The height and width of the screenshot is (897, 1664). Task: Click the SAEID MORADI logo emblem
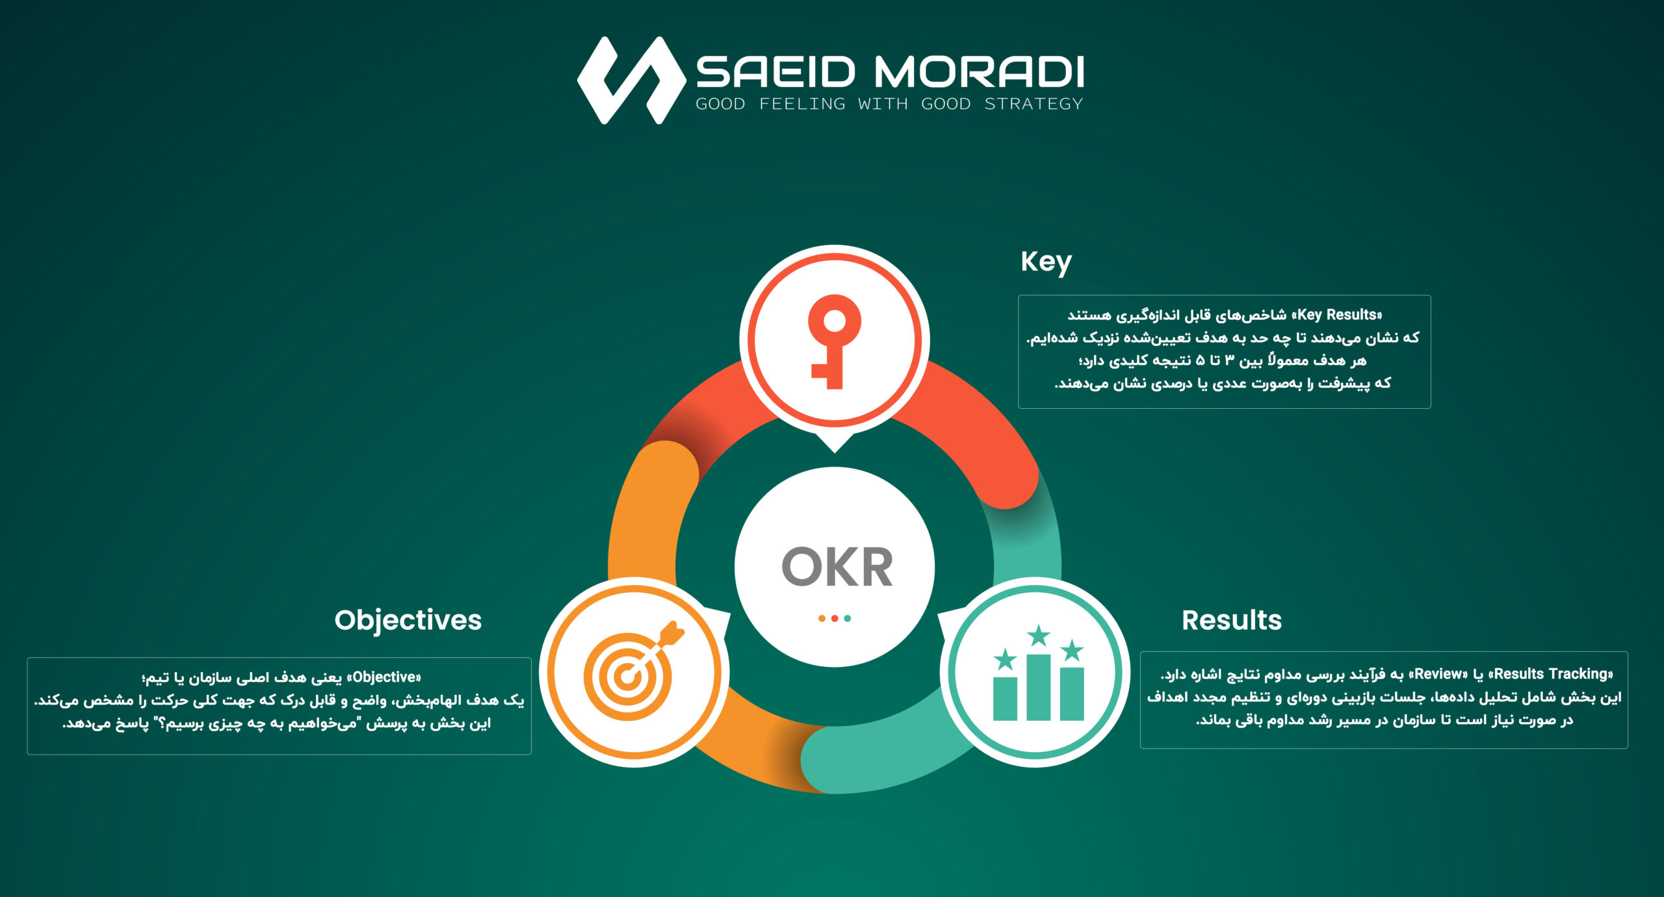pos(631,80)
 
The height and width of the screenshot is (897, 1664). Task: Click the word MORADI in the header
pos(979,71)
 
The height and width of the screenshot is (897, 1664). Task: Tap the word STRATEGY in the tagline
pos(1033,104)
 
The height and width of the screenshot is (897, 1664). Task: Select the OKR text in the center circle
pos(837,567)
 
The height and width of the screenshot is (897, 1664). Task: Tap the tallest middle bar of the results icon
pos(1038,687)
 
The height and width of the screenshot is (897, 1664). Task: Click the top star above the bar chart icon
pos(1039,635)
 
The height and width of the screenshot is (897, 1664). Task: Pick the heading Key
pos(1046,262)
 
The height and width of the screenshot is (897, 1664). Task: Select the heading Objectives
pos(408,620)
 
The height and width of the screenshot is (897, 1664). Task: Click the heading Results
pos(1232,620)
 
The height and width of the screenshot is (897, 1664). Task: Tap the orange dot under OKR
pos(822,618)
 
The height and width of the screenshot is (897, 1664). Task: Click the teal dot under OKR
pos(847,618)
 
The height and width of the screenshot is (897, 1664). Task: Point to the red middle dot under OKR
pos(835,618)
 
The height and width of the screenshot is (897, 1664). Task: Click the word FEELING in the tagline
pos(802,104)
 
